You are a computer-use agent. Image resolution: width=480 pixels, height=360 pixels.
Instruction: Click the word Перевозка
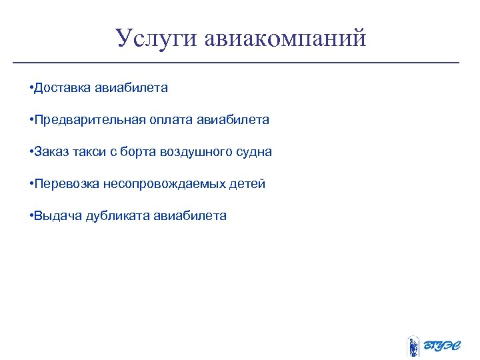click(65, 183)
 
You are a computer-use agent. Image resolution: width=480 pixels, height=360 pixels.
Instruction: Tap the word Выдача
click(57, 215)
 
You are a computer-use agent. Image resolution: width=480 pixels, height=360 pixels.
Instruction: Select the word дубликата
click(118, 215)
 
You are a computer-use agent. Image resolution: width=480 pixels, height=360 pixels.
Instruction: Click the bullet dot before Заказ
click(31, 151)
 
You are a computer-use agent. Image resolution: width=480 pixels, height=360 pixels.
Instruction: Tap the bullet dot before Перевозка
click(31, 183)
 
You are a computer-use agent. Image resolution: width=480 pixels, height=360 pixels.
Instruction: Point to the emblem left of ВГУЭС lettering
click(413, 345)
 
